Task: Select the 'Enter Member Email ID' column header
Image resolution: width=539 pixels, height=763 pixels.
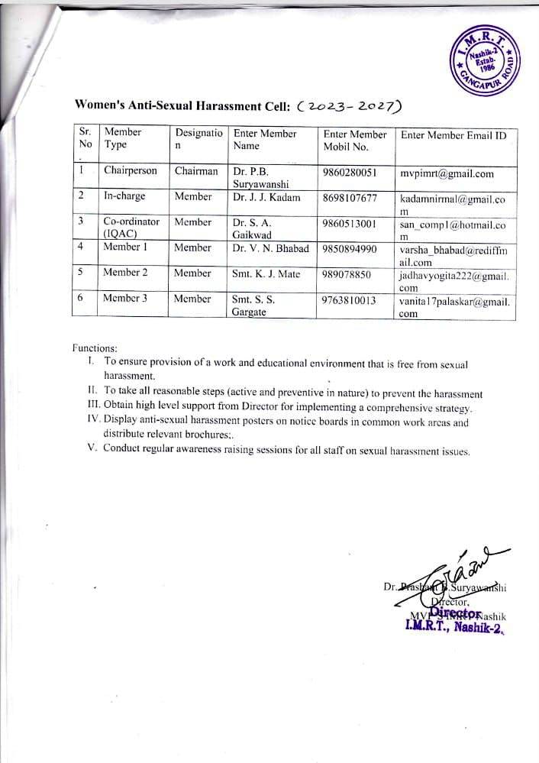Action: tap(453, 134)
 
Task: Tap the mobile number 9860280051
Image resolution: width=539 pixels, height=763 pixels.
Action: tap(350, 172)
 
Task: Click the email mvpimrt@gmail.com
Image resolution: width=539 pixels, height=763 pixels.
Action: tap(447, 173)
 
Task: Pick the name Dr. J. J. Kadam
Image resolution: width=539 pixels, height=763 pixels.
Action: tap(266, 197)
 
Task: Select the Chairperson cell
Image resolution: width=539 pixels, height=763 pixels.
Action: tap(131, 171)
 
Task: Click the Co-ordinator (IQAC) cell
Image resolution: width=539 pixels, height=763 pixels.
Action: tap(131, 228)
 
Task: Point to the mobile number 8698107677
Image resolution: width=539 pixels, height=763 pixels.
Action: tap(350, 198)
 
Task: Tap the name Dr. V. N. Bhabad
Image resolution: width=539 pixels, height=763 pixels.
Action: tap(271, 248)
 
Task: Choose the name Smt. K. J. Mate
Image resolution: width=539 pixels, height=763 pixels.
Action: tap(266, 273)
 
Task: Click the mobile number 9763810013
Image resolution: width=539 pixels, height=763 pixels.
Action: tap(350, 300)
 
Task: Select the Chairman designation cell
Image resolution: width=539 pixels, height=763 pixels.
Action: tap(196, 171)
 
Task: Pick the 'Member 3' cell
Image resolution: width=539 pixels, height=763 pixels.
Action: tap(125, 299)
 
